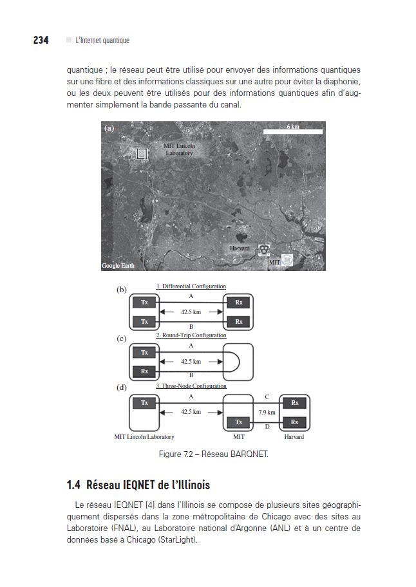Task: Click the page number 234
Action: click(x=41, y=40)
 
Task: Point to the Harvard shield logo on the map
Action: click(x=263, y=250)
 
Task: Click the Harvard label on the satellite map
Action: click(x=240, y=248)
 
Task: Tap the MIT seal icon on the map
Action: click(x=288, y=260)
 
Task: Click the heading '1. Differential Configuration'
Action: click(x=191, y=286)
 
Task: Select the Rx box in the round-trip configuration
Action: click(x=144, y=371)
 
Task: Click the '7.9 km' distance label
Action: click(x=267, y=412)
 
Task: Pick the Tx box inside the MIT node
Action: click(x=239, y=422)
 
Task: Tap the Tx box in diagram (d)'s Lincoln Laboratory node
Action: click(x=144, y=403)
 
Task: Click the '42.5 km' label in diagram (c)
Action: click(x=191, y=362)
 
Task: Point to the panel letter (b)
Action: click(x=122, y=290)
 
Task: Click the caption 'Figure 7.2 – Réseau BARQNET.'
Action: click(x=213, y=454)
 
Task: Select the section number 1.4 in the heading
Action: click(x=73, y=485)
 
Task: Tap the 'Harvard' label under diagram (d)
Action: click(x=294, y=437)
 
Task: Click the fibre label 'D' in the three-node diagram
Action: click(x=267, y=426)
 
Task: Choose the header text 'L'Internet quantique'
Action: click(x=102, y=41)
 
